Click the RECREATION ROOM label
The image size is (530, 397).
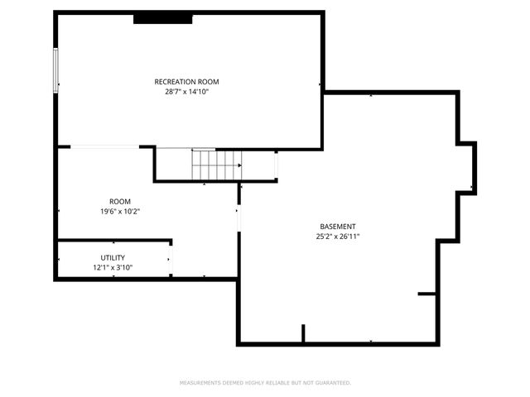pos(186,81)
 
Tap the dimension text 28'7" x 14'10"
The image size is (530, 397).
pos(186,92)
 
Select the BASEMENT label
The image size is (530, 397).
pos(338,227)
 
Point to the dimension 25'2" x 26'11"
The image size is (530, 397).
pos(338,237)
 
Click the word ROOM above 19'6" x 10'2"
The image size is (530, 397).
pos(120,202)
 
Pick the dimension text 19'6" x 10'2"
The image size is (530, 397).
pos(120,212)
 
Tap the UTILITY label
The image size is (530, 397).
pos(113,258)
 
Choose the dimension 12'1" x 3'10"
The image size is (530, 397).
pos(113,268)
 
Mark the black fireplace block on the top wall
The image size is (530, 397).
pos(163,17)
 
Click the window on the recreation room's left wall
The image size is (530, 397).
pos(56,70)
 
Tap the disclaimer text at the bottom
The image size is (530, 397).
pos(265,383)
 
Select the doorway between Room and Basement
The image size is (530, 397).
pos(238,219)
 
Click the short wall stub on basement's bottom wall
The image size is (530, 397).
pos(303,333)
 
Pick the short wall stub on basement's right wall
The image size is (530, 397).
pos(427,294)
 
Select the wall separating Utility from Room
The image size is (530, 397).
pos(114,242)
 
